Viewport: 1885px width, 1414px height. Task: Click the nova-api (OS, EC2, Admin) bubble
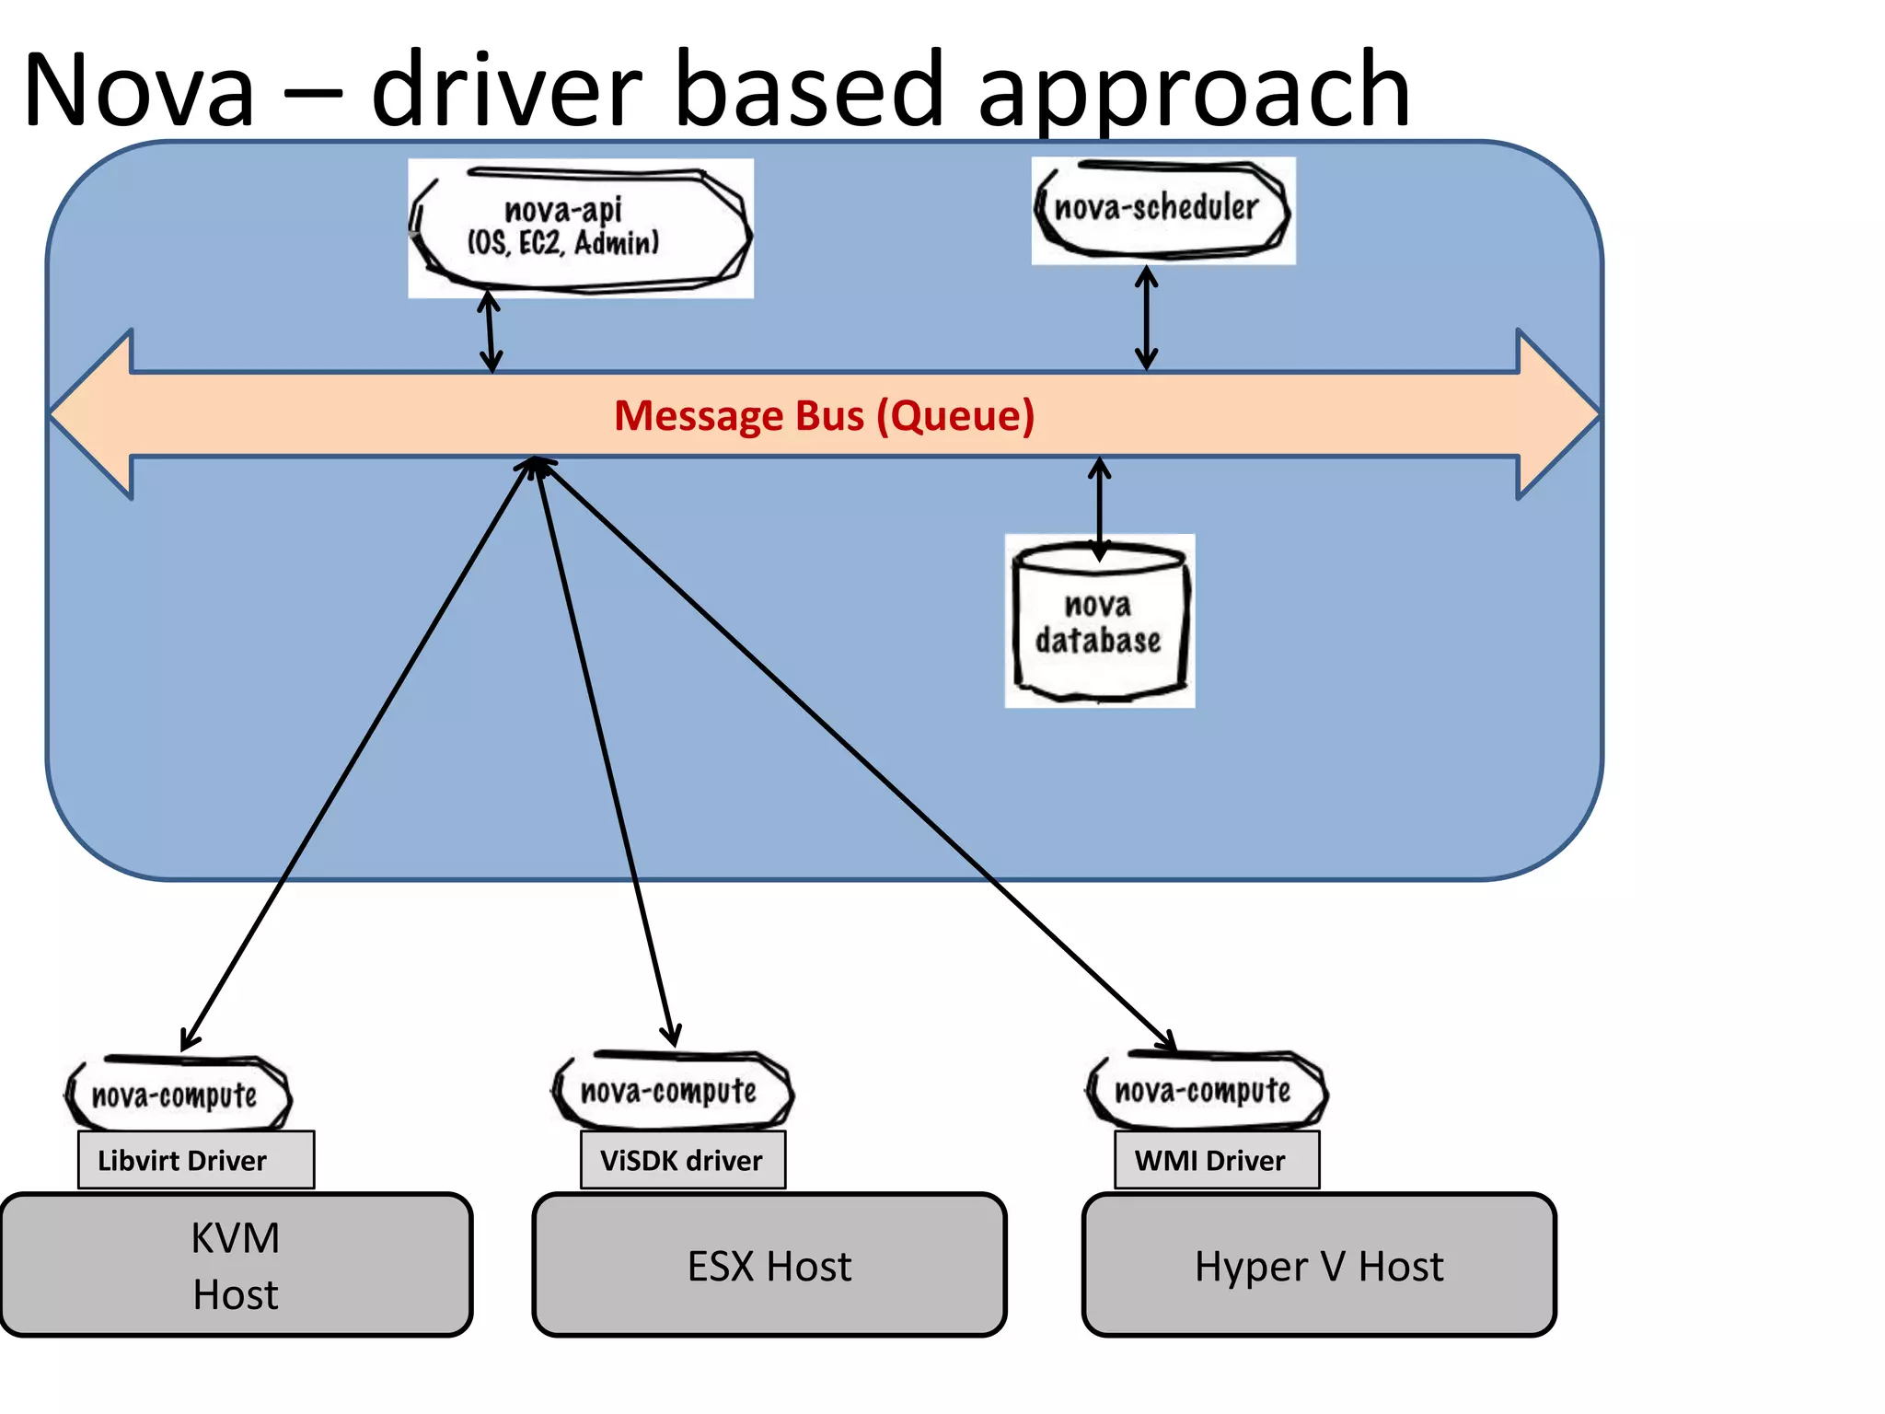580,227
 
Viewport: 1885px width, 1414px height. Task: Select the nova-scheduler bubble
1162,210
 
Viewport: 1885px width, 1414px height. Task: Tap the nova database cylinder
1099,622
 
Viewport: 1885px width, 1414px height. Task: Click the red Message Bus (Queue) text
824,415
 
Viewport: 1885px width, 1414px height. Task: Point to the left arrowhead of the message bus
92,414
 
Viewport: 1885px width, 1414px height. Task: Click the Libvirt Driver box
195,1160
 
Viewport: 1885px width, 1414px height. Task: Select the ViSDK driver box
682,1160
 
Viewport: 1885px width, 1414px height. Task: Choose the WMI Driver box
1216,1160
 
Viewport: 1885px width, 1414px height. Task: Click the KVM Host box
236,1265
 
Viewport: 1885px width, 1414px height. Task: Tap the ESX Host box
769,1265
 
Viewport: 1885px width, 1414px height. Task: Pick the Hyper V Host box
1318,1265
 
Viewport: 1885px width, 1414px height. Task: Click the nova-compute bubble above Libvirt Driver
177,1095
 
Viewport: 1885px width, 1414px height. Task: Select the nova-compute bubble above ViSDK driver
671,1091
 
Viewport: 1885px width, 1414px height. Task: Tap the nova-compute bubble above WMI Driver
1205,1091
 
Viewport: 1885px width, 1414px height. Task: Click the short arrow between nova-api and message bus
491,332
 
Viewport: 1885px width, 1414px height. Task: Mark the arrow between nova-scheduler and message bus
1146,318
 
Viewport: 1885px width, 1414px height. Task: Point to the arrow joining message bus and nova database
1099,509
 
